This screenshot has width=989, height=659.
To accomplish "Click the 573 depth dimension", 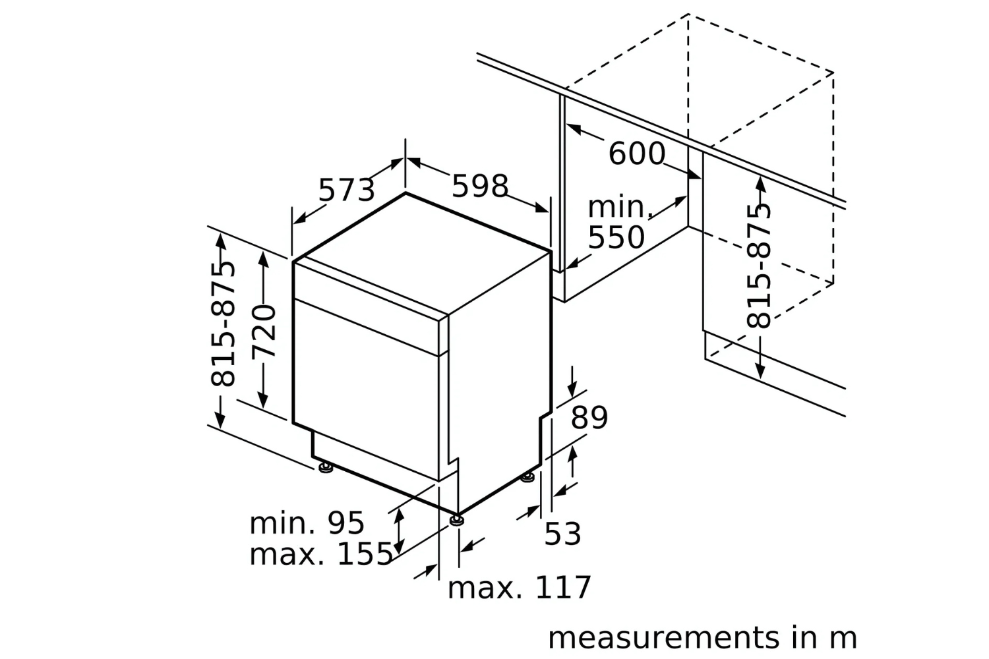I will [346, 190].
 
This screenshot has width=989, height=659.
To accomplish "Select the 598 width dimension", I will [480, 186].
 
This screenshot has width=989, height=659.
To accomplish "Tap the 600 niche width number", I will [636, 154].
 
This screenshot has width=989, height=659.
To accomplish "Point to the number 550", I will [616, 237].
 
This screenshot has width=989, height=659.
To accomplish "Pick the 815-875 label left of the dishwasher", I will [222, 324].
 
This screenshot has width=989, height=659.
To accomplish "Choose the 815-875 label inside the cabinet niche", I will [759, 266].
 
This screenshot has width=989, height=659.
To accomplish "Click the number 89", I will [589, 418].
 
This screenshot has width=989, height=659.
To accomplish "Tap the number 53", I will [562, 534].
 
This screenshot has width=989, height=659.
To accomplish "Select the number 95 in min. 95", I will [345, 523].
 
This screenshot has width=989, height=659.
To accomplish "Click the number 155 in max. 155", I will [365, 555].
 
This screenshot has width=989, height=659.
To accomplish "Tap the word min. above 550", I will [619, 208].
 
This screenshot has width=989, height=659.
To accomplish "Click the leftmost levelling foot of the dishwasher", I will [326, 468].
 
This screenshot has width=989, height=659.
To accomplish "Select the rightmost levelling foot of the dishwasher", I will [527, 477].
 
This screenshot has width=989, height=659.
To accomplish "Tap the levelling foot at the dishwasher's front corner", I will [456, 520].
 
